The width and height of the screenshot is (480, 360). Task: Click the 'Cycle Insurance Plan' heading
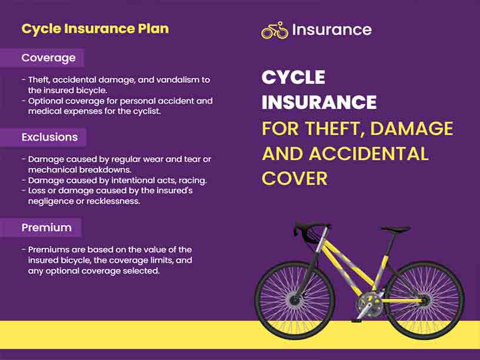click(x=95, y=28)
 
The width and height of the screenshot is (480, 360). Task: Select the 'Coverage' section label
click(x=48, y=58)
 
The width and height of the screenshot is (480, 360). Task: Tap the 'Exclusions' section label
click(x=49, y=137)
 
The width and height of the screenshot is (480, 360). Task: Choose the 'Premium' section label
click(x=46, y=228)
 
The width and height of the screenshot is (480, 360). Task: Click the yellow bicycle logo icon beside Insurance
click(x=274, y=30)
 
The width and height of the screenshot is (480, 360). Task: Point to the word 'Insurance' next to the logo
click(x=332, y=29)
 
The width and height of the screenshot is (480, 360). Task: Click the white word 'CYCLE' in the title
click(x=293, y=77)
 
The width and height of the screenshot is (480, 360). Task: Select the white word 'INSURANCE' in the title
click(x=319, y=102)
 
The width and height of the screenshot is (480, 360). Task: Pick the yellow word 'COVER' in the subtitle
click(x=294, y=178)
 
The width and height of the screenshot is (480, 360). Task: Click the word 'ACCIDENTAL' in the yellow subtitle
click(x=369, y=154)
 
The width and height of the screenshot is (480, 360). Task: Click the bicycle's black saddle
click(x=395, y=229)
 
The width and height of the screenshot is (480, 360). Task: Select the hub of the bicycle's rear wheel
click(x=425, y=301)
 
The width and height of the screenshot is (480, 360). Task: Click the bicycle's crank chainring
click(x=369, y=303)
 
